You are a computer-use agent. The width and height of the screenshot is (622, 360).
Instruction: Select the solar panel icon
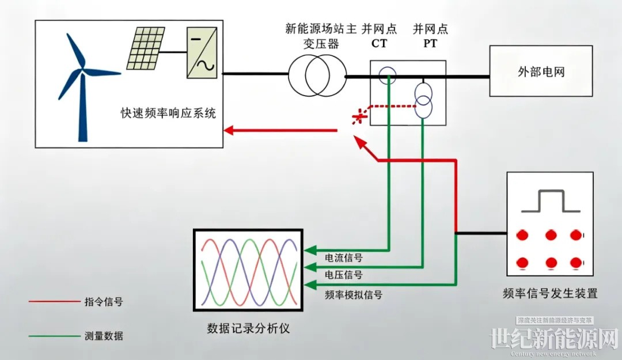pos(144,49)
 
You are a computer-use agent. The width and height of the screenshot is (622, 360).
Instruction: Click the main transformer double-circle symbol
pos(314,75)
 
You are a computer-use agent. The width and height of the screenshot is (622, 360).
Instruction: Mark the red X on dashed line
pos(359,117)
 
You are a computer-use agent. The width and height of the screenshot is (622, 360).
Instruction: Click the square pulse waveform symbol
pos(551,201)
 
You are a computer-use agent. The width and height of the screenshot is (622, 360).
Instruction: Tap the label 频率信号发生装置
pos(550,294)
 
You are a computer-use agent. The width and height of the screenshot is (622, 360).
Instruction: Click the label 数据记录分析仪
pos(248,329)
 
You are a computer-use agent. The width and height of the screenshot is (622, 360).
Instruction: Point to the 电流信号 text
pos(344,257)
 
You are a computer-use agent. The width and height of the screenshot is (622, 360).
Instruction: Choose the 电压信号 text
pos(344,275)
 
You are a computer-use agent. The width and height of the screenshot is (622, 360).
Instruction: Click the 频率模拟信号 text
pos(354,294)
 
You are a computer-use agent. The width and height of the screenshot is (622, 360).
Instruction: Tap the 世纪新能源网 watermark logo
pos(553,340)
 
